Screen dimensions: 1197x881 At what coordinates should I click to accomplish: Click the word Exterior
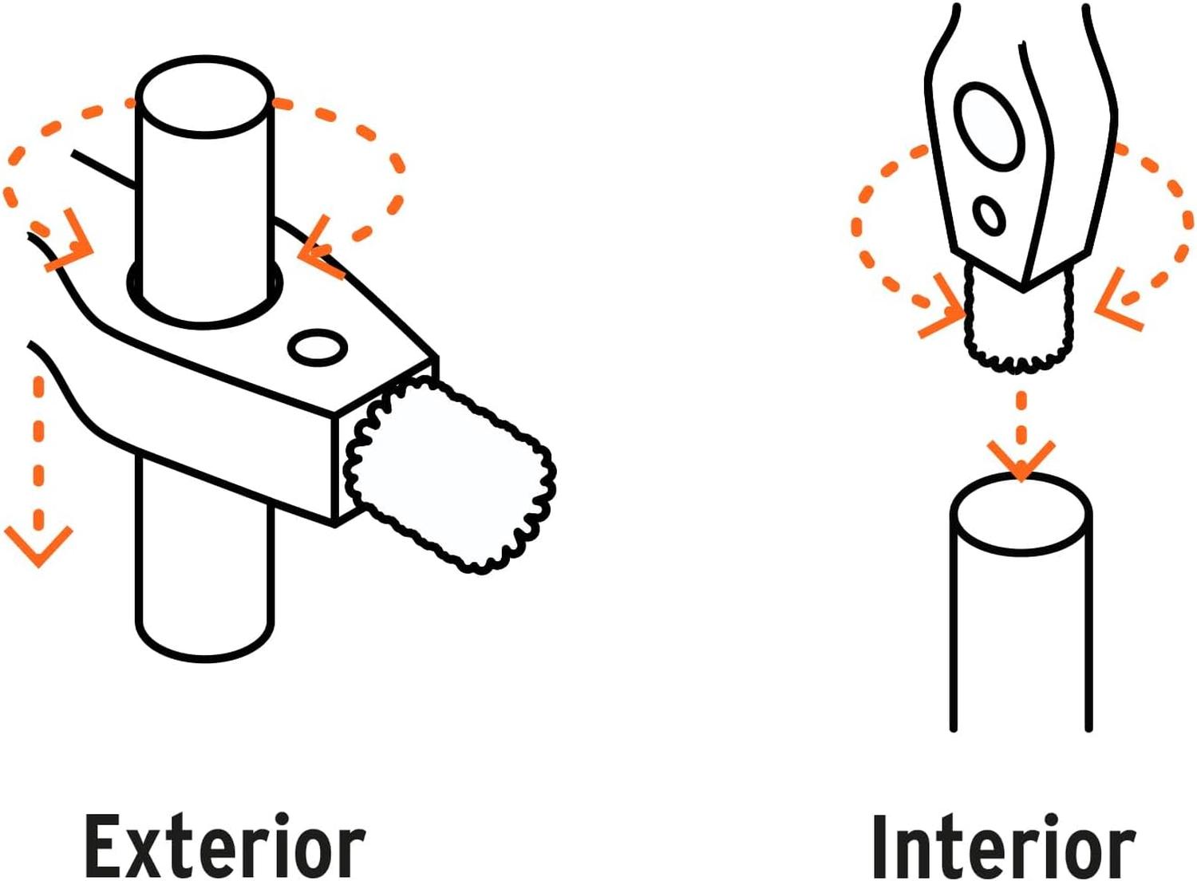point(225,845)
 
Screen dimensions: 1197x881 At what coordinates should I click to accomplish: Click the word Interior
point(1004,846)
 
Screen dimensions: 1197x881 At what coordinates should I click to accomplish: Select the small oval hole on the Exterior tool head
point(318,347)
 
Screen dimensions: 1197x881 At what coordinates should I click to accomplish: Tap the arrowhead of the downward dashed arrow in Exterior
point(38,546)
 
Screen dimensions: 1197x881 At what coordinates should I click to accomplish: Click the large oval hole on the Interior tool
point(992,127)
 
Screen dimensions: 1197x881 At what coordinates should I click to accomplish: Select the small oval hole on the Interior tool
point(989,215)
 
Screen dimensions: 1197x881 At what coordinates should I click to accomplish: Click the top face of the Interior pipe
point(1021,514)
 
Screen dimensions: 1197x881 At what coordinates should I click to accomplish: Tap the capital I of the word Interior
point(883,846)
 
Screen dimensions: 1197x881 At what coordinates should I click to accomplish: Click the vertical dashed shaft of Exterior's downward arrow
point(38,454)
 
